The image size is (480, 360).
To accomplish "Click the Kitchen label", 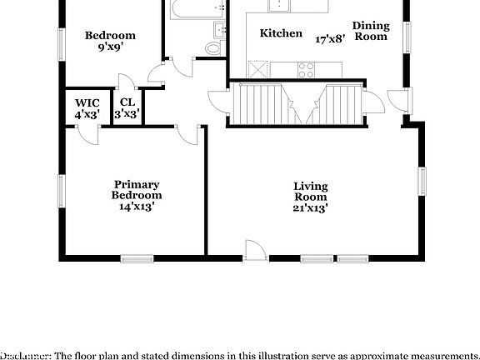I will (281, 33).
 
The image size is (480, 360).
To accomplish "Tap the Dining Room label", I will (371, 31).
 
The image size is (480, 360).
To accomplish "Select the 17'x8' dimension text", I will (331, 38).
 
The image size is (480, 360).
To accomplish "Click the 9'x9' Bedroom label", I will (111, 48).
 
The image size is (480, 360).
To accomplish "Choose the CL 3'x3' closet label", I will (127, 108).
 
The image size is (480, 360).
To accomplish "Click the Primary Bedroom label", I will (137, 190).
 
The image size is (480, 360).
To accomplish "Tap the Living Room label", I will (310, 192).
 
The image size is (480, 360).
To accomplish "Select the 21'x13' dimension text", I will (310, 208).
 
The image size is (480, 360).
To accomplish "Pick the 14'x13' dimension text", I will (137, 207).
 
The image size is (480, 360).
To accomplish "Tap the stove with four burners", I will (304, 69).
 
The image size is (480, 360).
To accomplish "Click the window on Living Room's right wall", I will (422, 179).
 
